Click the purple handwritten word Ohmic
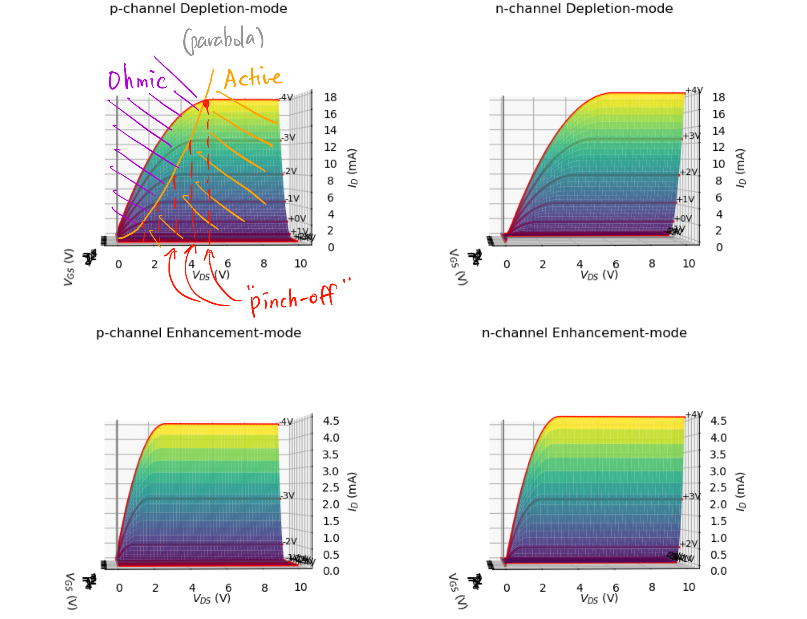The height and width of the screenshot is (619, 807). pos(137,79)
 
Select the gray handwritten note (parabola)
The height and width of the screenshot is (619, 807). pos(223,40)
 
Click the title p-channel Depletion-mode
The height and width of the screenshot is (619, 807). pos(198,9)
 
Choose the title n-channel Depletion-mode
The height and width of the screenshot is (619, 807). pos(584,9)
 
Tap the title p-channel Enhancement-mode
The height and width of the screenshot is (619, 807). pos(198,333)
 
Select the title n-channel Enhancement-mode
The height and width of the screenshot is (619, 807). pos(584,333)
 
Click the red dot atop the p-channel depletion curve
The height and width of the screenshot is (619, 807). pos(206,103)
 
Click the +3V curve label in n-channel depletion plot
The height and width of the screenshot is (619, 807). pos(692,136)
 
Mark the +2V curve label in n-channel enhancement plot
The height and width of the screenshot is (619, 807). pos(689,544)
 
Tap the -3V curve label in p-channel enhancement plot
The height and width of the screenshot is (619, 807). pos(288,496)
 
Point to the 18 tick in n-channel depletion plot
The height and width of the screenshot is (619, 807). pos(718,97)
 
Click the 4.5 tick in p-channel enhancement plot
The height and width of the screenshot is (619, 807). pos(331,421)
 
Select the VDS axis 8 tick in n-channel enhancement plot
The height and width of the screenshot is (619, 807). pos(652,587)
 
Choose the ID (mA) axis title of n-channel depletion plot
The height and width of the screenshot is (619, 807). pos(741,168)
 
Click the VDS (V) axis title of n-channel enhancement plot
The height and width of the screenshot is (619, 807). pos(599,598)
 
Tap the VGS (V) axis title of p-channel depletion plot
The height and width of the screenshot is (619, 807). pos(69,267)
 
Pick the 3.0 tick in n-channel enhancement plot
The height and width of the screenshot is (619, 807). pos(718,471)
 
